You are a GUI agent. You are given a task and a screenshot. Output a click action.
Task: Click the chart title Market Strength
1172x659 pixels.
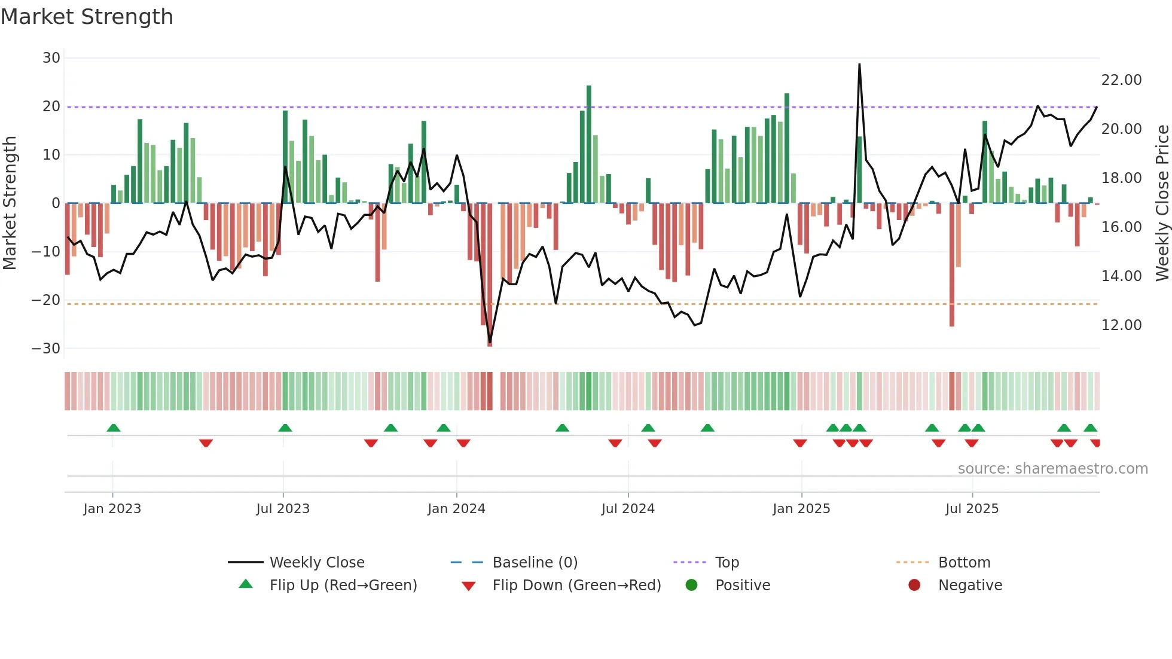pyautogui.click(x=87, y=17)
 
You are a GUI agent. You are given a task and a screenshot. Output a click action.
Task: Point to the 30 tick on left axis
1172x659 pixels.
pyautogui.click(x=51, y=58)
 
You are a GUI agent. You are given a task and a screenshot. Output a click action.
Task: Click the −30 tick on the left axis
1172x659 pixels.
pyautogui.click(x=46, y=349)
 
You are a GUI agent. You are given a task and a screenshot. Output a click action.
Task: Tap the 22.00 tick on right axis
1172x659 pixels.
pyautogui.click(x=1121, y=80)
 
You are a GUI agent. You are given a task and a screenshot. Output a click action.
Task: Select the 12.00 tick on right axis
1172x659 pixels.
pyautogui.click(x=1121, y=325)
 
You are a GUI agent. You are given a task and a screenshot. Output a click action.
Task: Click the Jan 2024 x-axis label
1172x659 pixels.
pyautogui.click(x=456, y=509)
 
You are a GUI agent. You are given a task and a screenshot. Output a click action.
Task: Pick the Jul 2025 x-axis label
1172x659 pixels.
pyautogui.click(x=972, y=509)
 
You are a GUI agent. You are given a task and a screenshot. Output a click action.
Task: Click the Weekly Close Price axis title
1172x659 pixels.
pyautogui.click(x=1162, y=203)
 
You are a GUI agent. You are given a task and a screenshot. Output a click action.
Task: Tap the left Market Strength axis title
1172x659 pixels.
pyautogui.click(x=10, y=203)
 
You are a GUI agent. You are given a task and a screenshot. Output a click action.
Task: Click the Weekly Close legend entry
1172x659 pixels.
pyautogui.click(x=317, y=563)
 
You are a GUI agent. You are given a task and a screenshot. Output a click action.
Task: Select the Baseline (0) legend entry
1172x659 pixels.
pyautogui.click(x=535, y=563)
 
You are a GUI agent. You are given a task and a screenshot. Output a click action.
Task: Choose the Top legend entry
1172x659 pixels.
pyautogui.click(x=727, y=563)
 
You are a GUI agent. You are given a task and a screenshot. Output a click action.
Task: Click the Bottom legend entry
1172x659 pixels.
pyautogui.click(x=964, y=563)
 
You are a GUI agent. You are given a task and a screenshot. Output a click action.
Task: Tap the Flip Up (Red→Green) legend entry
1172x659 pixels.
pyautogui.click(x=343, y=585)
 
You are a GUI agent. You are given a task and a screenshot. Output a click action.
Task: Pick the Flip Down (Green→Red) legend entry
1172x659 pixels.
pyautogui.click(x=576, y=585)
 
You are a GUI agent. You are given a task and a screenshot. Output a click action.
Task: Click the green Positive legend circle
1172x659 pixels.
pyautogui.click(x=692, y=585)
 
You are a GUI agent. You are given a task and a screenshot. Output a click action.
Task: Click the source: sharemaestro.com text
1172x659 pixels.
pyautogui.click(x=1052, y=469)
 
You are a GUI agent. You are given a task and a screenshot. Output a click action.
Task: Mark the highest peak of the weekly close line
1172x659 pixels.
pyautogui.click(x=859, y=65)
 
